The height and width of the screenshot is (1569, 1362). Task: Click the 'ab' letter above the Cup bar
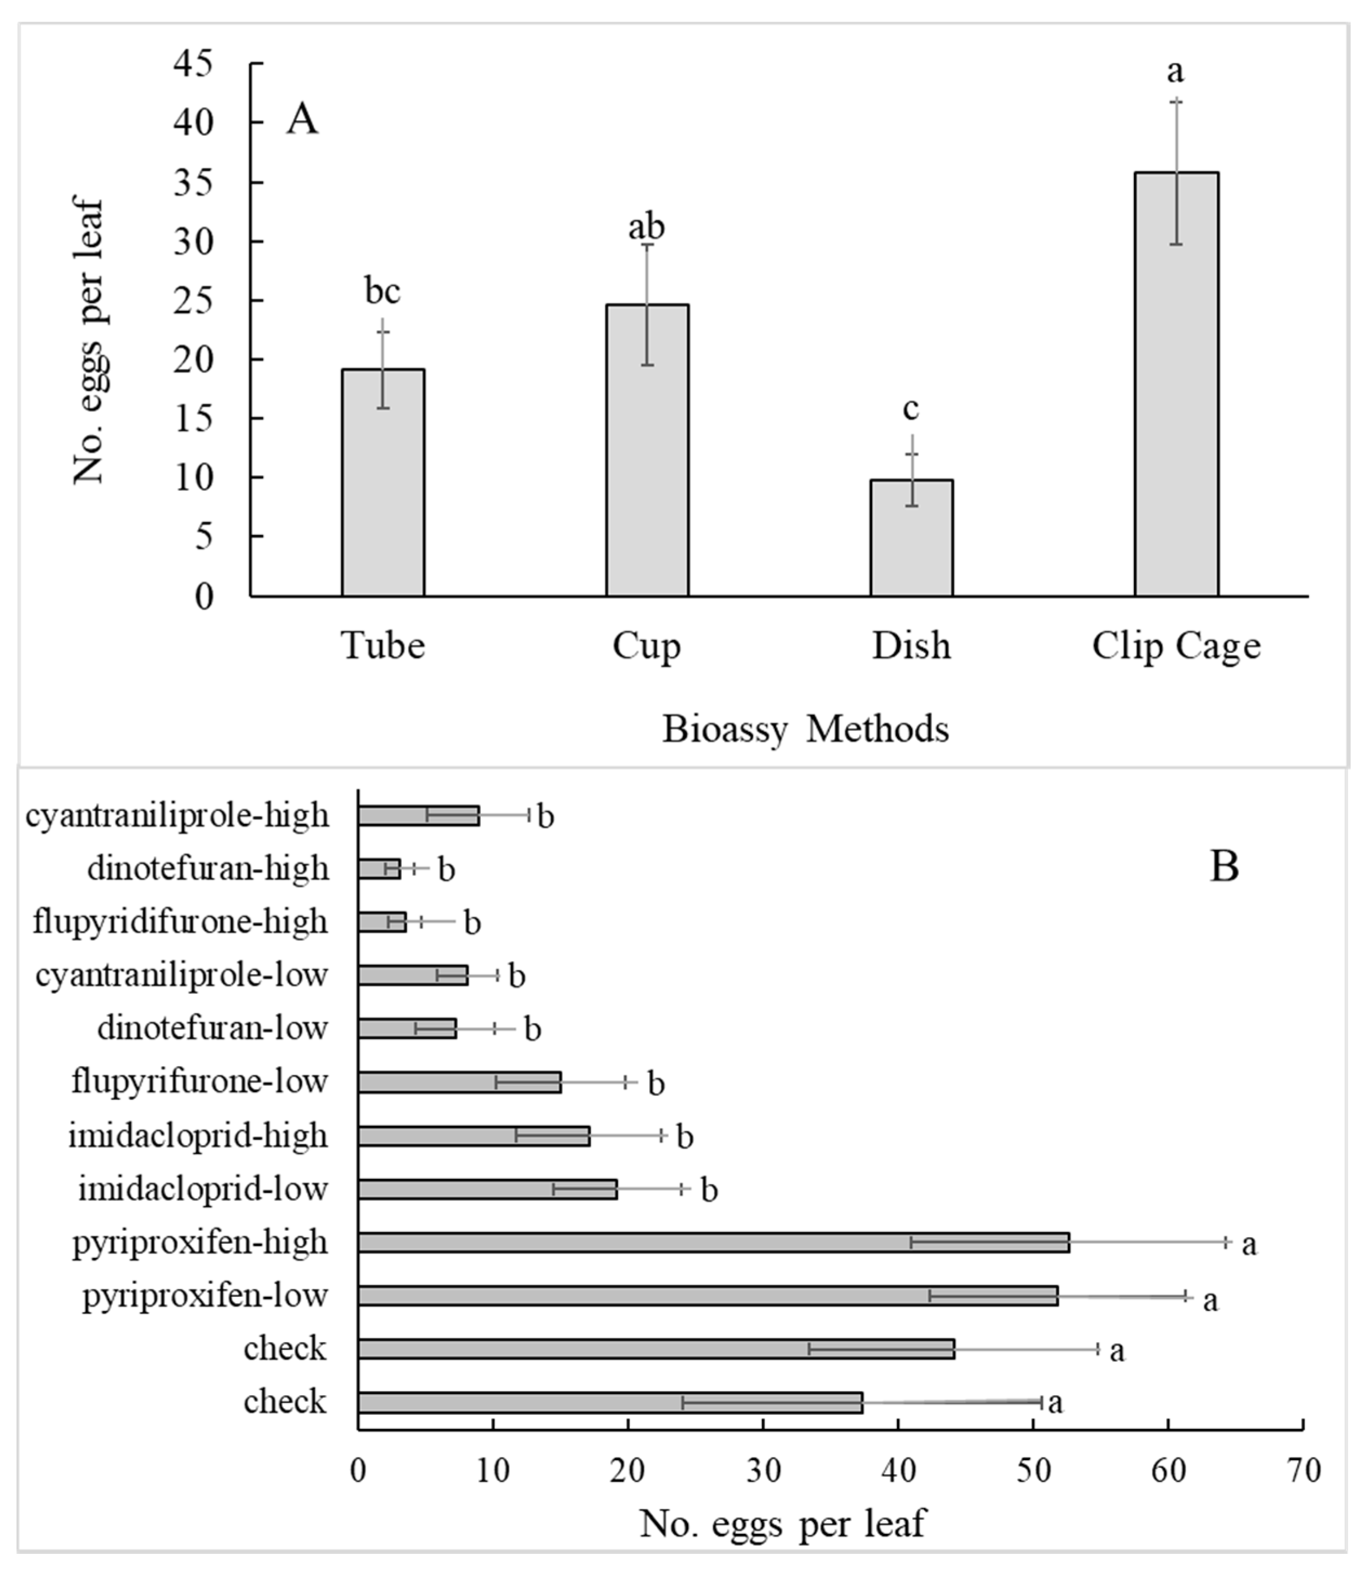point(646,227)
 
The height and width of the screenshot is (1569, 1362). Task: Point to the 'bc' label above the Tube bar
point(382,291)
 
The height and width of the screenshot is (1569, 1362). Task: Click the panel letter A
point(302,120)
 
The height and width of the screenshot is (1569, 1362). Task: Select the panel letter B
point(1224,866)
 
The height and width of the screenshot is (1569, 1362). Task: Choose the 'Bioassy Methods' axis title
point(806,729)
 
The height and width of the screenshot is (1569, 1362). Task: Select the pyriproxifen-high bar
point(714,1243)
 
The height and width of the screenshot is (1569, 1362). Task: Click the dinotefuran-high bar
point(378,868)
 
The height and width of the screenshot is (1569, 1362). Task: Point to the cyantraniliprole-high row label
point(177,815)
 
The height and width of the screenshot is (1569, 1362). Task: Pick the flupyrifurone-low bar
point(459,1082)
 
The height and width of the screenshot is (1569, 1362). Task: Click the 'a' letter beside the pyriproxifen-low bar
point(1210,1300)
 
